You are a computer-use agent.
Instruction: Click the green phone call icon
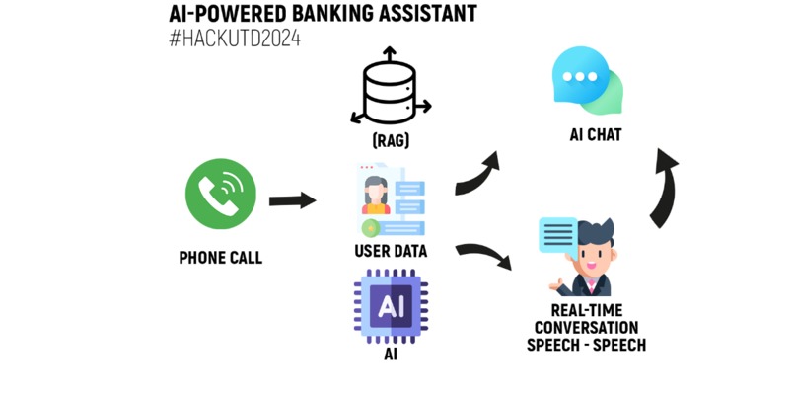[221, 195]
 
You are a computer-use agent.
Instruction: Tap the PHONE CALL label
[221, 259]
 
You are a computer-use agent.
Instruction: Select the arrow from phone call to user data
[292, 201]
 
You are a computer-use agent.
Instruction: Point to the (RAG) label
[391, 141]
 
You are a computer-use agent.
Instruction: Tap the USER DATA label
[391, 252]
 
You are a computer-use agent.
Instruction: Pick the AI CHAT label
[596, 135]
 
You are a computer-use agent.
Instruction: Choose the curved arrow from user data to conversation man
[484, 255]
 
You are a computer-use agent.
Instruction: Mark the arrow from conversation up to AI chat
[664, 188]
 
